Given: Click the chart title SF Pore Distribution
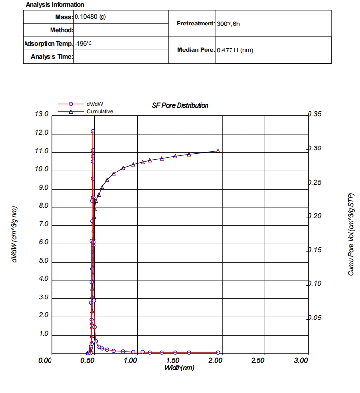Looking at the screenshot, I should click(x=180, y=105).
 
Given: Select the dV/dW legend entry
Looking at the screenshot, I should click(x=95, y=104).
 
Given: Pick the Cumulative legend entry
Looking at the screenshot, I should click(x=100, y=111).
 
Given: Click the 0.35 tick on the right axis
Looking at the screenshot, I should click(x=314, y=114).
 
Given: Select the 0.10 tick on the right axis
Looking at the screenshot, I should click(x=314, y=284).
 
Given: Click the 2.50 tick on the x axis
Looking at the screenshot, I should click(x=257, y=361).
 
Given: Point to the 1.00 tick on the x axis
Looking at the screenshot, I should click(x=130, y=361).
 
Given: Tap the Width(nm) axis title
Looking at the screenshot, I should click(x=179, y=368).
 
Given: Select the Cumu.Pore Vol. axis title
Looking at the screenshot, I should click(x=351, y=234).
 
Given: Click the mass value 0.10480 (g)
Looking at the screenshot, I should click(x=90, y=16).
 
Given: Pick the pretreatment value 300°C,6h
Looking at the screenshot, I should click(x=228, y=24).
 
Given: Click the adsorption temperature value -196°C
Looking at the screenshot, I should click(x=83, y=43).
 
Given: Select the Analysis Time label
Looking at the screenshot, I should click(x=51, y=57).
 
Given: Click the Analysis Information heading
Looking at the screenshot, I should click(x=55, y=4).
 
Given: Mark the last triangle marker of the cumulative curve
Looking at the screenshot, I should click(x=218, y=151).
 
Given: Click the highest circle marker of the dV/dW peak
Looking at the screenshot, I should click(x=93, y=131).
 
